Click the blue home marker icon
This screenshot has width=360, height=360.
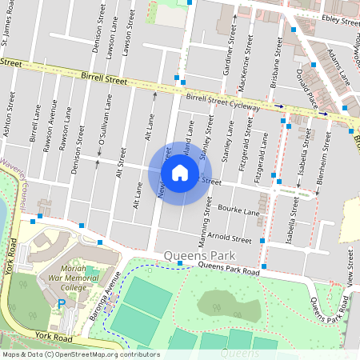180,173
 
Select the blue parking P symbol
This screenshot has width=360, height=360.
62,304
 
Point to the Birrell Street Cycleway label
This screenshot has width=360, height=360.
223,101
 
